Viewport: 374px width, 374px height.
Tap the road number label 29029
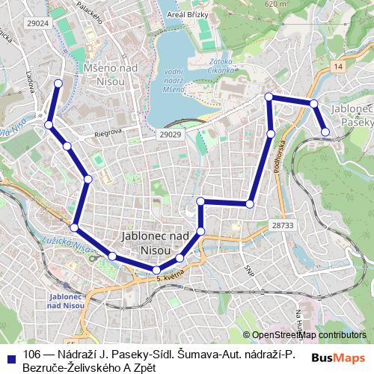(171, 134)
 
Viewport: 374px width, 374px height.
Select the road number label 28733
(284, 224)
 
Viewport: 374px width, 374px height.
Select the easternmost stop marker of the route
(325, 132)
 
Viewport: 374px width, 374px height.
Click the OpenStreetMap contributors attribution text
(309, 334)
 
